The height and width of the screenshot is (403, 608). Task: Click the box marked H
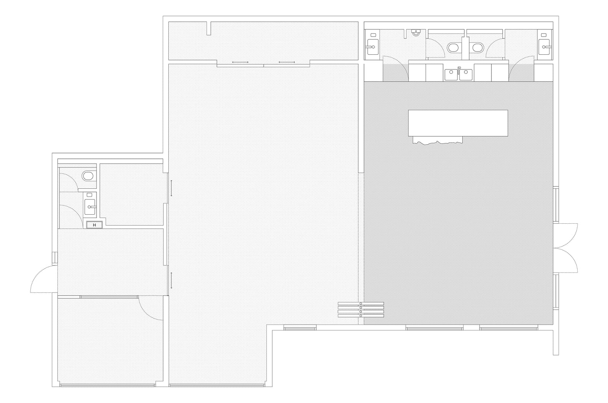point(95,225)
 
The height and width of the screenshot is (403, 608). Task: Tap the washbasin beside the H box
point(90,207)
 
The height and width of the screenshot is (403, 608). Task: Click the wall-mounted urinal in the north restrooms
point(416,32)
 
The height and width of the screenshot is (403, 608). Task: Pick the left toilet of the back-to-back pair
point(453,48)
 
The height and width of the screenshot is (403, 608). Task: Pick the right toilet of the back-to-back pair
point(478,48)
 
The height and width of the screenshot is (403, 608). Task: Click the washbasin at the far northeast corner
point(544,47)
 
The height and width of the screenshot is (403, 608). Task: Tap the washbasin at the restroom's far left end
point(373,47)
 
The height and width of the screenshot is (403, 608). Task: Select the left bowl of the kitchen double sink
point(451,75)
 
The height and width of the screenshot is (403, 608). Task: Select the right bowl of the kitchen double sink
point(466,75)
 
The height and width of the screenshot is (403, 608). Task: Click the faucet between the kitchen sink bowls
point(459,70)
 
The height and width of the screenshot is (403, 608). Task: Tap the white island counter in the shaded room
point(458,123)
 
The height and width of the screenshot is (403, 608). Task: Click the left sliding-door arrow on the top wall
point(240,62)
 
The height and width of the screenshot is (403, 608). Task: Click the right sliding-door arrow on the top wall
point(287,62)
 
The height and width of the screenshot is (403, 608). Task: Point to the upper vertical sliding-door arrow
point(171,188)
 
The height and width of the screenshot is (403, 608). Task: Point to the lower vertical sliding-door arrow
point(171,281)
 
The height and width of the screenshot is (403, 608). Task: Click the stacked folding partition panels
point(361,310)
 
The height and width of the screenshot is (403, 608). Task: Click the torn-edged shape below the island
point(437,140)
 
